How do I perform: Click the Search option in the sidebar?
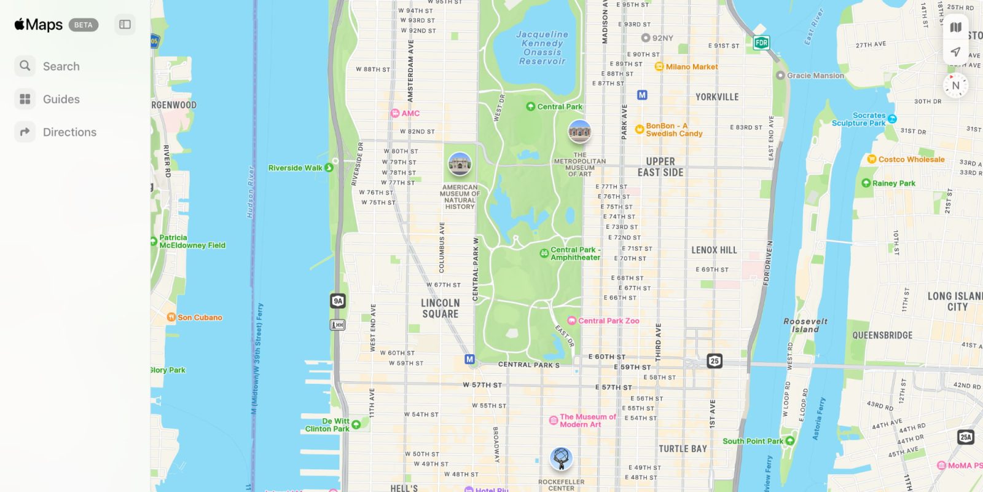pos(60,66)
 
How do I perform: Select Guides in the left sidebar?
pos(60,99)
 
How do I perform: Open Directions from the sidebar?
pos(69,132)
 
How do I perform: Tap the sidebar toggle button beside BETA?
pos(125,25)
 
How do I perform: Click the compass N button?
pos(955,85)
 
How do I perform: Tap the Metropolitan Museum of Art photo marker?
pos(579,131)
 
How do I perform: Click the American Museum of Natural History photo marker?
pos(460,164)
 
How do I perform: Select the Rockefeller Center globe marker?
pos(560,458)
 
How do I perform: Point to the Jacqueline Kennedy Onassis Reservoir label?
pos(542,48)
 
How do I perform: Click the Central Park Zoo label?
pos(608,320)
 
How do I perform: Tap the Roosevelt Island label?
pos(805,325)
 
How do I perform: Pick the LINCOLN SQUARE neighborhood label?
pos(440,308)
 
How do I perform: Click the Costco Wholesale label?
pos(911,159)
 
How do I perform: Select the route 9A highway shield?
pos(337,301)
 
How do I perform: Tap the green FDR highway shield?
pos(761,42)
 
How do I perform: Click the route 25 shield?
pos(714,361)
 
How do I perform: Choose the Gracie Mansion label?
pos(815,76)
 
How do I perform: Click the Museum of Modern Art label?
pos(587,421)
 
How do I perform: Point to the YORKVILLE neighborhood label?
pos(716,97)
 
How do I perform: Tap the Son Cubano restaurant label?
pos(199,317)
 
